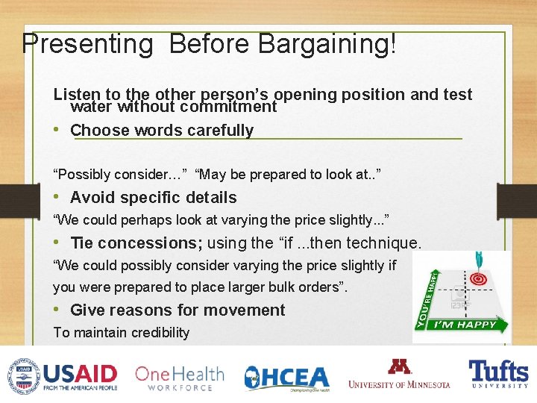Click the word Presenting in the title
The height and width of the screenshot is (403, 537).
click(87, 44)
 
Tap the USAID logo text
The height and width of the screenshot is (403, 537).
click(81, 372)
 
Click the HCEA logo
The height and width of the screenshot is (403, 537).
click(286, 378)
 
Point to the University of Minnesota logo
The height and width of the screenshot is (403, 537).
click(399, 375)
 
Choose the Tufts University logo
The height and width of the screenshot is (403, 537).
click(497, 373)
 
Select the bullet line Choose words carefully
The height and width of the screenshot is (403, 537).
click(162, 131)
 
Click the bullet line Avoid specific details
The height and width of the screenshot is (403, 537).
click(153, 198)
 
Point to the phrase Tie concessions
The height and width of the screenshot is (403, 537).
click(136, 243)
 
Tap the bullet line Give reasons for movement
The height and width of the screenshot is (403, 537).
click(177, 310)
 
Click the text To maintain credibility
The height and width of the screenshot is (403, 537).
click(121, 333)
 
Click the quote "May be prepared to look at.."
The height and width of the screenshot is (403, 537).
click(288, 175)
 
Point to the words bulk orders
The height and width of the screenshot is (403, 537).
click(306, 287)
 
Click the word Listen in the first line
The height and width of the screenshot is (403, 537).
click(77, 95)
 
